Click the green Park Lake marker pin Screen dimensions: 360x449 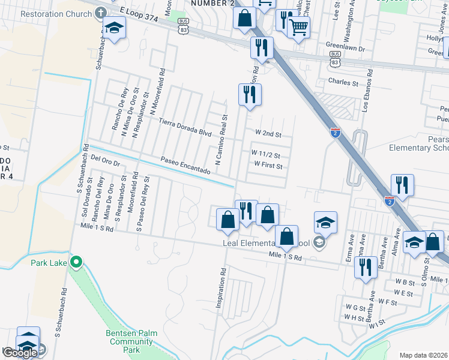76,262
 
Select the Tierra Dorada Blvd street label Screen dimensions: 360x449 185,127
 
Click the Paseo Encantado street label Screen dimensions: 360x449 185,166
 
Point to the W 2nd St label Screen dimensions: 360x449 268,133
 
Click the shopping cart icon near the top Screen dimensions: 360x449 298,26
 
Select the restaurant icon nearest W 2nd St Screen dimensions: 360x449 249,94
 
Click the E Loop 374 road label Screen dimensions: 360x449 139,15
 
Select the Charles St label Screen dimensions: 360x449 343,82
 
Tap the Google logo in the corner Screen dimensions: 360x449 20,353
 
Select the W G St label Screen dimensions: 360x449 355,307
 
